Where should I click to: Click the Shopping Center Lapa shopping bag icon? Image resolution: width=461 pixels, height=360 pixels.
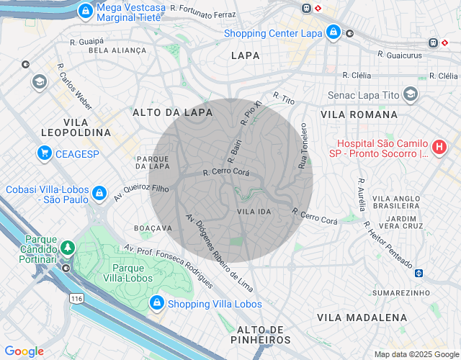coord(332,32)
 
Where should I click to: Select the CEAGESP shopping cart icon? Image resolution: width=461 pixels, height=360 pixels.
coord(45,153)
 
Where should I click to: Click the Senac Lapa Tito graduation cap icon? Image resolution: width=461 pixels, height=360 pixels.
coord(410,94)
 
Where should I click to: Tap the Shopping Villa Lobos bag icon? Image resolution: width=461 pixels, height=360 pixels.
coord(156,304)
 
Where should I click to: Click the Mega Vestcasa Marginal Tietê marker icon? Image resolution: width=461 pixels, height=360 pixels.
coord(86,12)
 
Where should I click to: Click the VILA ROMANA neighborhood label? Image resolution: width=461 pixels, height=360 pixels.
coord(359,114)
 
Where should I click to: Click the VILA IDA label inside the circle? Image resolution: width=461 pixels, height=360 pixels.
coord(254,212)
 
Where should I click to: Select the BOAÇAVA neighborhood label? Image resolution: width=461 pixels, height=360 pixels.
coord(153,228)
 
